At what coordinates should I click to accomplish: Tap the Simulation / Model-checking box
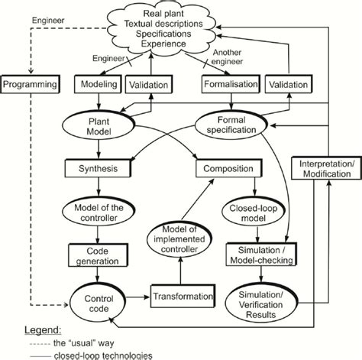259,255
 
